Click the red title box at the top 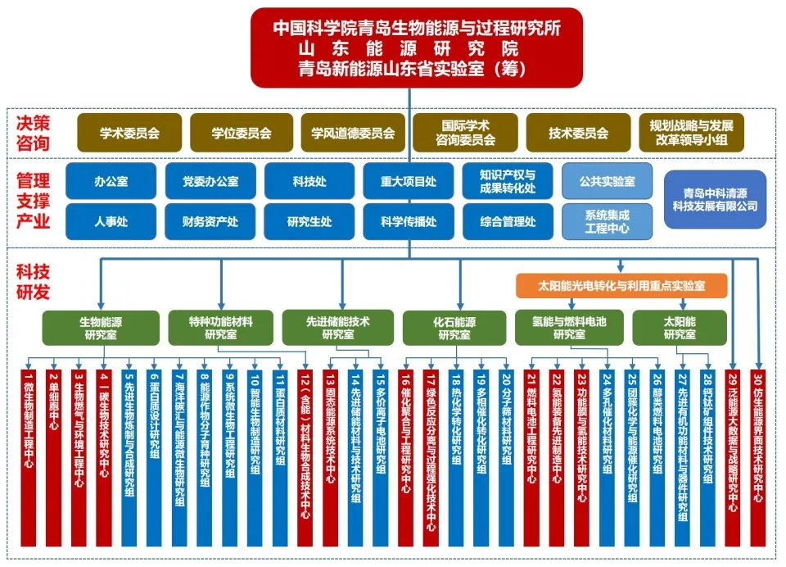click(418, 48)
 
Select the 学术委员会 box click(129, 133)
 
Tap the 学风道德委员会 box click(353, 133)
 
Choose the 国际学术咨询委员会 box click(465, 133)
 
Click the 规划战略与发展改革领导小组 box click(692, 133)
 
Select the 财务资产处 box click(210, 221)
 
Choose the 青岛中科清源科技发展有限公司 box click(715, 200)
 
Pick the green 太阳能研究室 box click(679, 327)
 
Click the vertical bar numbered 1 click(29, 455)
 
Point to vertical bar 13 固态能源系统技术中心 click(331, 455)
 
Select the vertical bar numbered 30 click(757, 455)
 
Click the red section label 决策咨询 click(34, 133)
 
